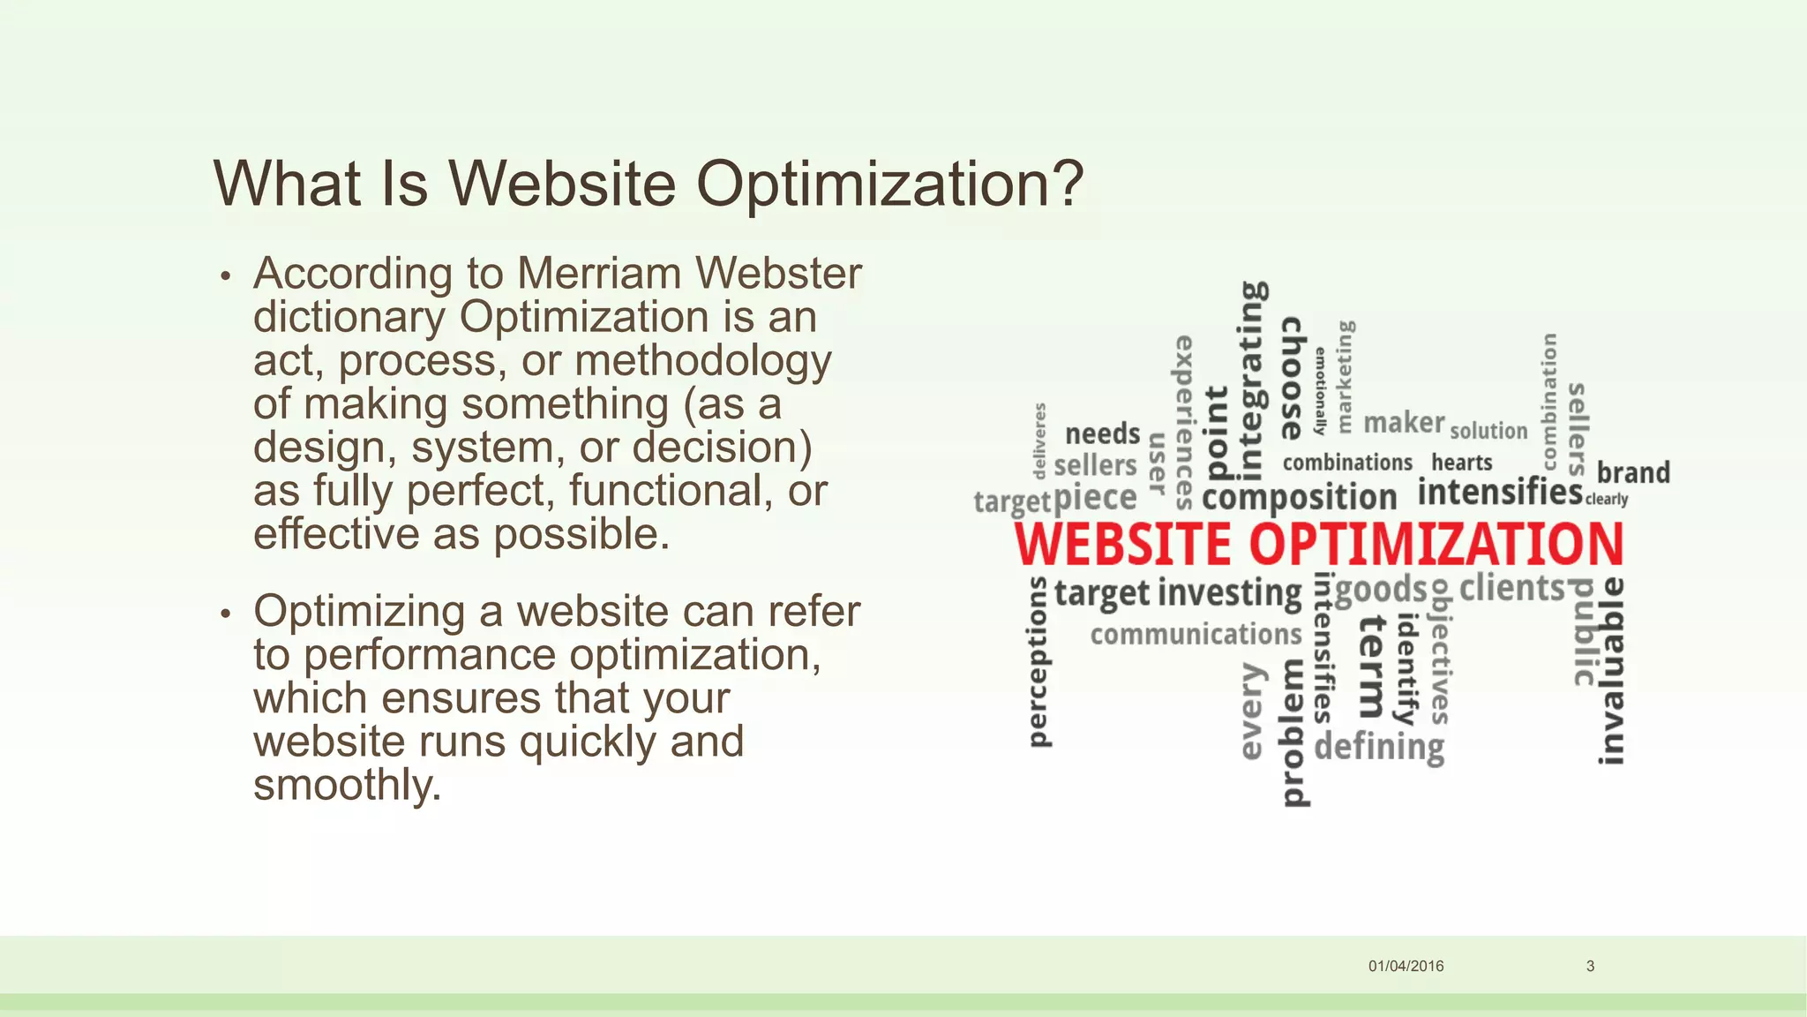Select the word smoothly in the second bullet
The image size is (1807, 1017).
[347, 785]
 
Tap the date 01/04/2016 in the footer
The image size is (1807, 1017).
[1406, 966]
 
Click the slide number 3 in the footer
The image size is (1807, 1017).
[1590, 966]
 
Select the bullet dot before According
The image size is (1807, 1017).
[226, 276]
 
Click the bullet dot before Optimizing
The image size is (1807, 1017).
[226, 614]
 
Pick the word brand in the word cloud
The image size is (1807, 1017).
[1633, 472]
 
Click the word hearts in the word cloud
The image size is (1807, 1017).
[1461, 463]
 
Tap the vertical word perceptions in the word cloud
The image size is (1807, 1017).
[1039, 662]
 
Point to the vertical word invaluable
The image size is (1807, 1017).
[1611, 671]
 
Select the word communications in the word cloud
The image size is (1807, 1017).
[1196, 634]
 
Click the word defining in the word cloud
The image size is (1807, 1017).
[1379, 747]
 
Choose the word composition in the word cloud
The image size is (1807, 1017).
[1299, 497]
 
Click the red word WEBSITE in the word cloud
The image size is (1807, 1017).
[1122, 544]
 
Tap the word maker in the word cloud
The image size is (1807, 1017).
[1404, 423]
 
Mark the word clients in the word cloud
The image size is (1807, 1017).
[1511, 588]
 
